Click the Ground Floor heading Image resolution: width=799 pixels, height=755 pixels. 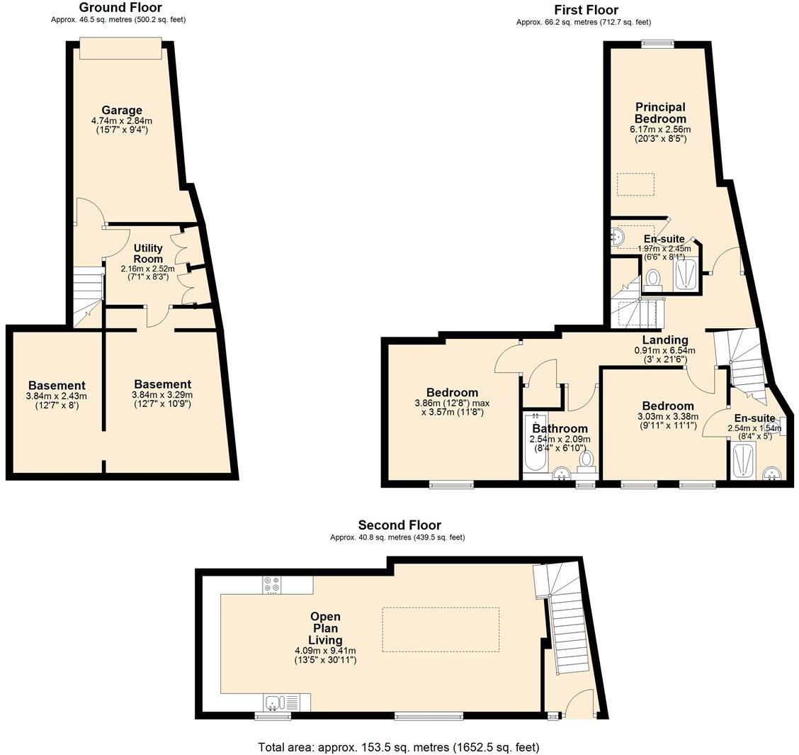[x=120, y=8]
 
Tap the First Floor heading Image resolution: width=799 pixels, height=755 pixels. [x=586, y=10]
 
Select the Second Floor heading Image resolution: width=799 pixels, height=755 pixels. [x=399, y=525]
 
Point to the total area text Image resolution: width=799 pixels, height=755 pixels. [x=398, y=746]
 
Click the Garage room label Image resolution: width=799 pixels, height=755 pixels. [x=122, y=110]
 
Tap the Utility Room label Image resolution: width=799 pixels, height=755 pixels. [x=148, y=253]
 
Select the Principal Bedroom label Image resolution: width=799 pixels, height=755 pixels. [x=659, y=113]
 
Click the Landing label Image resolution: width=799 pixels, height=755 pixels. [x=664, y=340]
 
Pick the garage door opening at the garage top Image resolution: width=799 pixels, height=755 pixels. [x=120, y=49]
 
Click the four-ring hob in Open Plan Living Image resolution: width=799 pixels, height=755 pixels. [x=272, y=585]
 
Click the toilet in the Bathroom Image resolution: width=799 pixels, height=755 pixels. [x=586, y=460]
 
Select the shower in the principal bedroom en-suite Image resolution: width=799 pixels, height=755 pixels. [x=686, y=274]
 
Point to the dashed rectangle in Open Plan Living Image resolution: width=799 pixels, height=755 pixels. [x=440, y=630]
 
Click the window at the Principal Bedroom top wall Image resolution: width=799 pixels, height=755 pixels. [x=657, y=44]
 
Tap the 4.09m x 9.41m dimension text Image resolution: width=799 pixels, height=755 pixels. [x=325, y=650]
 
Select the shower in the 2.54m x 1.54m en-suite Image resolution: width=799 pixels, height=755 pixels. [x=743, y=462]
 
